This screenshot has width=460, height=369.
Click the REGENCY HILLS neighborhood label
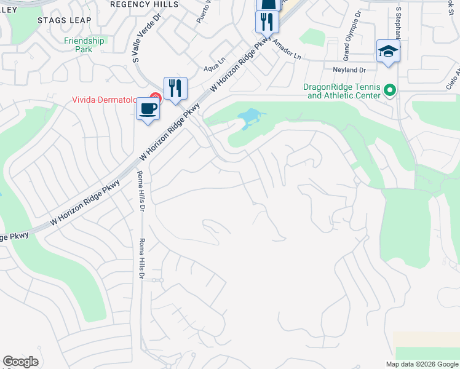[144, 4]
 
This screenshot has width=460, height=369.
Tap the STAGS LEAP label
[64, 20]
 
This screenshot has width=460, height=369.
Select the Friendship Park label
[85, 45]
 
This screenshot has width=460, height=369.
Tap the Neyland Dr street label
[349, 71]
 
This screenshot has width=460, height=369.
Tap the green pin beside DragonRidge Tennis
[389, 91]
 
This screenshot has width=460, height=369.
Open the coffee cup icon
[148, 109]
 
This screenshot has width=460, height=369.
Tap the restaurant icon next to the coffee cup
[175, 89]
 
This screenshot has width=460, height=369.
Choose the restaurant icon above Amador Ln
[267, 23]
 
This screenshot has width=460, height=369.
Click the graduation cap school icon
[388, 51]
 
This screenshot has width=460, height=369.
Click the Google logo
[21, 362]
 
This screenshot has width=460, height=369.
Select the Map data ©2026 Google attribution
[422, 364]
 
